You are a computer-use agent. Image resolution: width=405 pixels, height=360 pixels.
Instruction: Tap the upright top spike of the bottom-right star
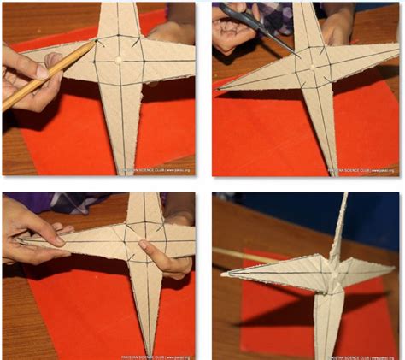344,214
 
